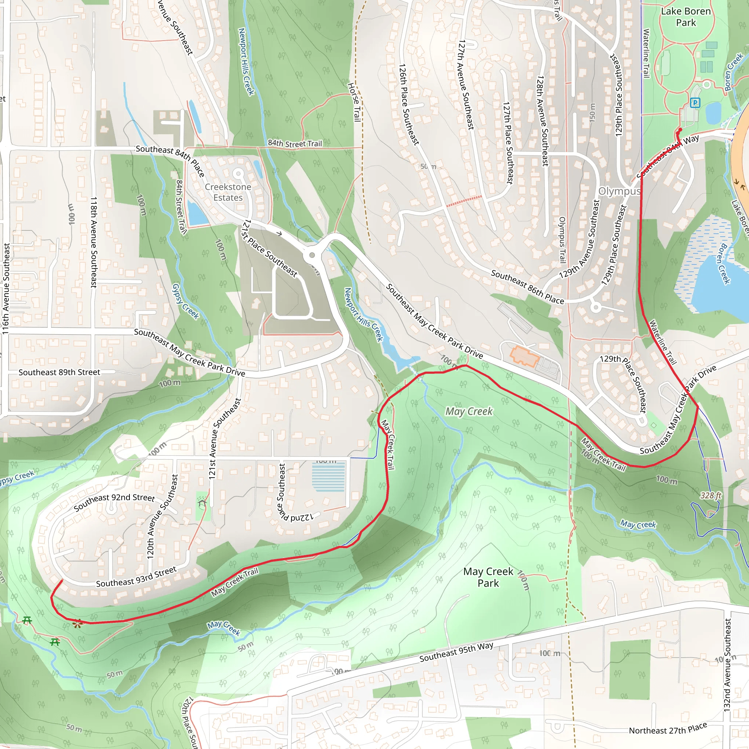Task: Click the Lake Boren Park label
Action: [x=685, y=17]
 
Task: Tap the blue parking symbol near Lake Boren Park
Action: [x=695, y=103]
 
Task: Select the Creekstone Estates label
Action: [x=228, y=192]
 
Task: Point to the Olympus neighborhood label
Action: [x=619, y=191]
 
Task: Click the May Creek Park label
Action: [x=488, y=577]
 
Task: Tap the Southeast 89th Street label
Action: [x=59, y=373]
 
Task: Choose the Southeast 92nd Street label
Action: [x=114, y=502]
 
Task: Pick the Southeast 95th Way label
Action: [x=456, y=652]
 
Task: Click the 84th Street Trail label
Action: [x=295, y=143]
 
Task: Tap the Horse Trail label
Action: [x=354, y=102]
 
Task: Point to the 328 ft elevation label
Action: [x=711, y=496]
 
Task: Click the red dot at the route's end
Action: [x=680, y=130]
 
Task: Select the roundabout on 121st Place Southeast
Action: [x=312, y=255]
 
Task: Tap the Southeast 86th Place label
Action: [x=527, y=287]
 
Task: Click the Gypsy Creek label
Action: [x=185, y=301]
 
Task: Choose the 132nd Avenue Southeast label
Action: [x=727, y=665]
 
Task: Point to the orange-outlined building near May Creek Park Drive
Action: [x=524, y=356]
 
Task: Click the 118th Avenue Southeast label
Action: [x=93, y=242]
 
